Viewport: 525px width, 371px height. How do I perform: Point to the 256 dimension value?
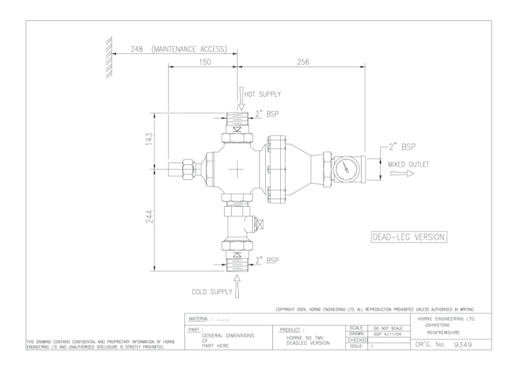tap(302, 62)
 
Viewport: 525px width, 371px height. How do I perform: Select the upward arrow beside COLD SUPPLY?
tap(238, 288)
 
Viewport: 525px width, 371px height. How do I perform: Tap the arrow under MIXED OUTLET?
tap(399, 175)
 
